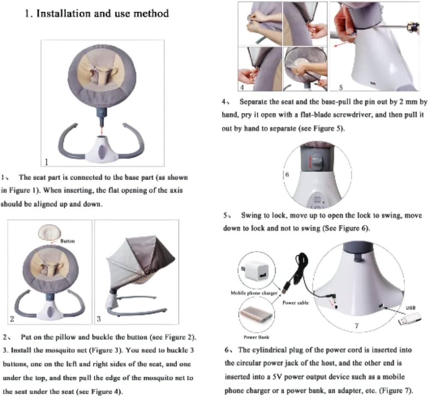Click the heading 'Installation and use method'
(x=103, y=13)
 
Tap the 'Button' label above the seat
(x=67, y=241)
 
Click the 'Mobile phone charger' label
(x=254, y=293)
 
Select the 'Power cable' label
(x=296, y=303)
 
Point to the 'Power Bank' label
(x=257, y=337)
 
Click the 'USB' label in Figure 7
(x=411, y=308)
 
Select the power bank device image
(x=256, y=315)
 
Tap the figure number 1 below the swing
(x=46, y=162)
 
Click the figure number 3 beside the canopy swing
(x=99, y=319)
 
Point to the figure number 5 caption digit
(x=341, y=88)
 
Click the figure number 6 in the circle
(x=287, y=174)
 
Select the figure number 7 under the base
(x=356, y=325)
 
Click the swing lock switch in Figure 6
(x=317, y=161)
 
